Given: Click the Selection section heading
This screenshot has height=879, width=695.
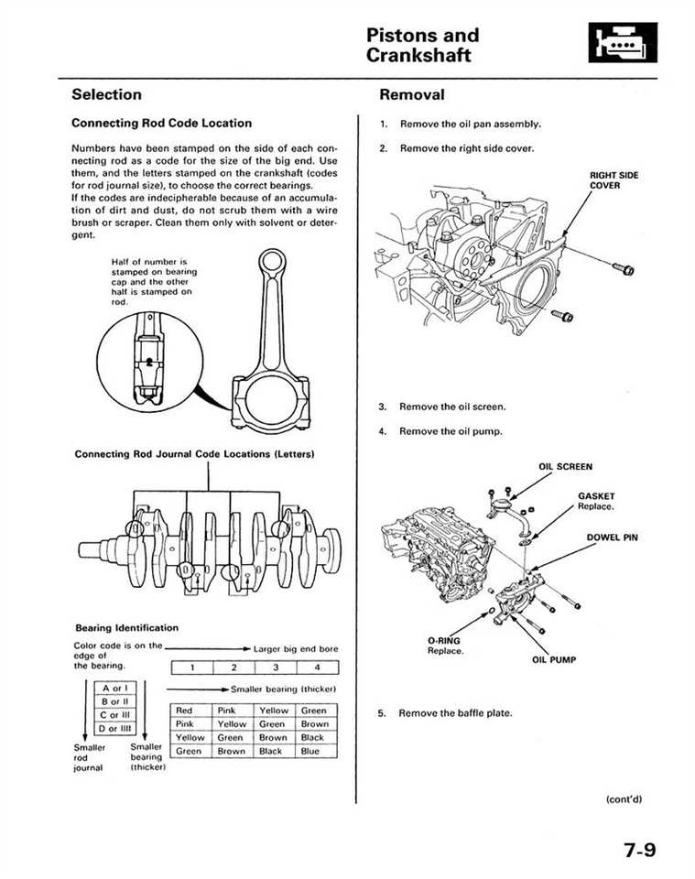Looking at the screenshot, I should [106, 94].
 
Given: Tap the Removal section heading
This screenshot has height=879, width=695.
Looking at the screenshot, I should [411, 94].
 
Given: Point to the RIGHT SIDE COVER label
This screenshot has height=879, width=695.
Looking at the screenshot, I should [614, 179].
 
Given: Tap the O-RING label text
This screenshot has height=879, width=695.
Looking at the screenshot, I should [443, 641].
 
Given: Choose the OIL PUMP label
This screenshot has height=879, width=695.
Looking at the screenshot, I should [553, 659].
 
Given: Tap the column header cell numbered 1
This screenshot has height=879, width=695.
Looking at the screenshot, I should [192, 667].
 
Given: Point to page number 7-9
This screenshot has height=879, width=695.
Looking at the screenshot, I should [640, 850].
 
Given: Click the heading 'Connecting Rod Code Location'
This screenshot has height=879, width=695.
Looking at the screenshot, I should [161, 123].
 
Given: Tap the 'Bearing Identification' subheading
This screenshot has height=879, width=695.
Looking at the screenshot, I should [126, 627].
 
